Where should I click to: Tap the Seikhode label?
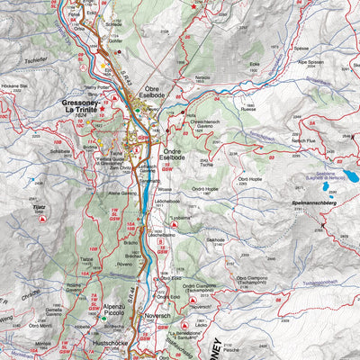215,239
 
